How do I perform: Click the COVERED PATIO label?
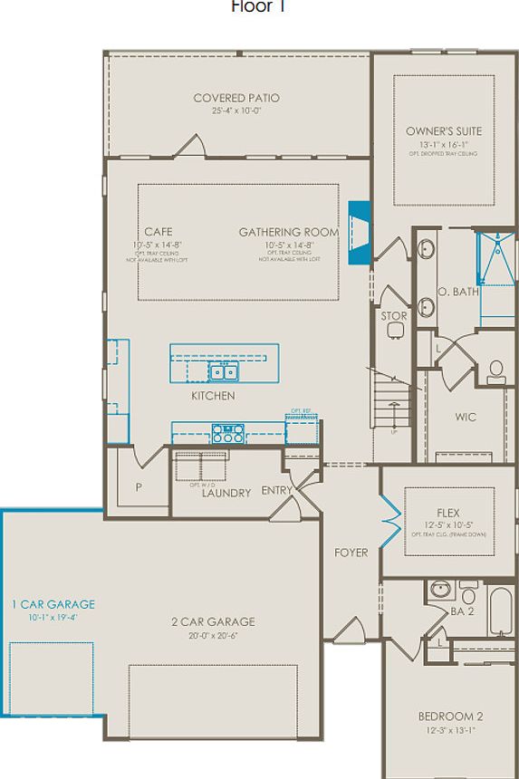tap(236, 98)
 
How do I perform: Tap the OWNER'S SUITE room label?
tap(444, 131)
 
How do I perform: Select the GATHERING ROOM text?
tap(289, 232)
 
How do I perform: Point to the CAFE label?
tap(158, 232)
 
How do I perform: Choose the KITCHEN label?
tap(213, 396)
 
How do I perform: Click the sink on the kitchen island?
tap(223, 371)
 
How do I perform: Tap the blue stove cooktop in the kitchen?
tap(227, 432)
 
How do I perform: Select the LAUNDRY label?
tap(226, 493)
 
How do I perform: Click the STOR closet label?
tap(394, 316)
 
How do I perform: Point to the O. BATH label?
tap(457, 292)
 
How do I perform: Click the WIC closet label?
tap(466, 418)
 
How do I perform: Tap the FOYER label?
tap(351, 552)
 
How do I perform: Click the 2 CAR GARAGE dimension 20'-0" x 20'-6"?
tap(213, 636)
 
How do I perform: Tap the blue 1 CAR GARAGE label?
tap(53, 604)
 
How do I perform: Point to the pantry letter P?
tap(139, 486)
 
